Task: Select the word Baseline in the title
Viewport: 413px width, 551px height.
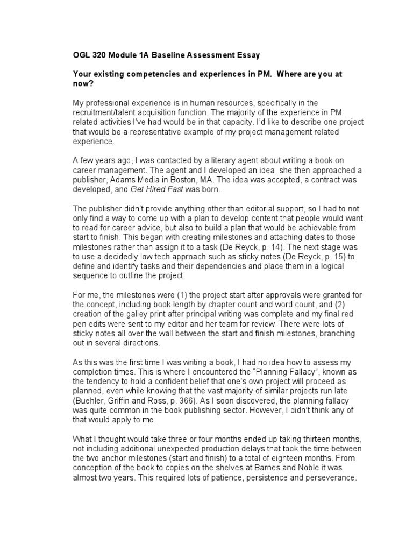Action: click(169, 54)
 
